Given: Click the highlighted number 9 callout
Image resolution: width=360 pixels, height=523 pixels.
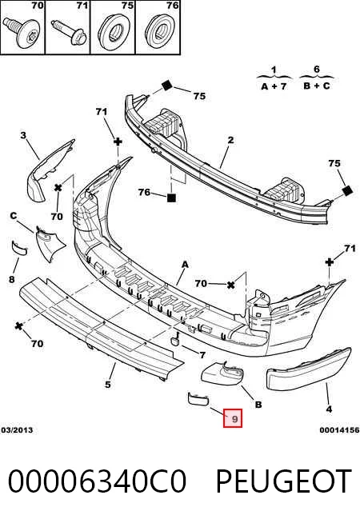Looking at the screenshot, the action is coord(233,418).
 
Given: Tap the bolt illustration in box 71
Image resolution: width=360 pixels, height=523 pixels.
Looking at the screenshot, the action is coord(68,31).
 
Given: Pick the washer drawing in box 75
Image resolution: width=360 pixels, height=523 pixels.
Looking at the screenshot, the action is coord(114,32).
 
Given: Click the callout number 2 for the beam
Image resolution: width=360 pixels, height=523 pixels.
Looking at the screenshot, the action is coord(230,140).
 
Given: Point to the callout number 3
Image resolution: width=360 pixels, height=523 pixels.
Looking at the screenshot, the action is coord(23,135).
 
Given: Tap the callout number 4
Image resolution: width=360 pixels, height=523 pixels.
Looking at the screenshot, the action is coord(329,409).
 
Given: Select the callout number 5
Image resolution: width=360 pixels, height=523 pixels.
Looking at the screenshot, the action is coord(107,384).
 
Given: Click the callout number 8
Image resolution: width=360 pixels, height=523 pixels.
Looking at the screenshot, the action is coord(12,279).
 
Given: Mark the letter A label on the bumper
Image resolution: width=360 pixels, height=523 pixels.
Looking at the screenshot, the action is coord(185,265).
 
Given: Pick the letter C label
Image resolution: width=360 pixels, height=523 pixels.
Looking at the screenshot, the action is coord(14,216).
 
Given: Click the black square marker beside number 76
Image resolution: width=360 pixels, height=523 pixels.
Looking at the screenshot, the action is coord(171,198).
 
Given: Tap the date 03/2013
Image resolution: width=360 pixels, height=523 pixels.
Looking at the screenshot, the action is coord(17,430).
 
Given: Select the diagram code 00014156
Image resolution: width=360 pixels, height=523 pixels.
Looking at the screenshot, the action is coord(339,430).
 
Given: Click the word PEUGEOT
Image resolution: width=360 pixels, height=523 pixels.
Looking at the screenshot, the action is coord(283,481).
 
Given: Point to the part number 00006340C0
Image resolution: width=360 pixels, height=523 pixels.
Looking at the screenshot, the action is coord(97,481).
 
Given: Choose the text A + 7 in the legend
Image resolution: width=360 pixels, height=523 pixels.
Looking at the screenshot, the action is coord(274,86).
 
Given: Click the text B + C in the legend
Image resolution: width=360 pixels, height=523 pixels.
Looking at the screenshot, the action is coord(317,86).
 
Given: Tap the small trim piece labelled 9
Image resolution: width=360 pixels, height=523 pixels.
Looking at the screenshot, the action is coord(198,398).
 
